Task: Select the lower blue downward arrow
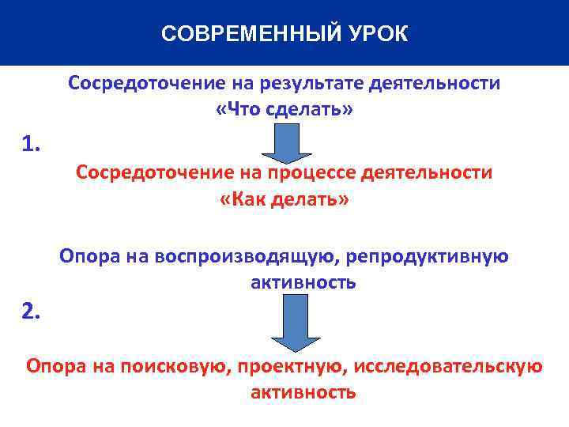[x=291, y=322]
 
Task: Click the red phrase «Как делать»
[x=284, y=199]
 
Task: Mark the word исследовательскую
[x=448, y=366]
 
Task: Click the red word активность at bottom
[x=303, y=392]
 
